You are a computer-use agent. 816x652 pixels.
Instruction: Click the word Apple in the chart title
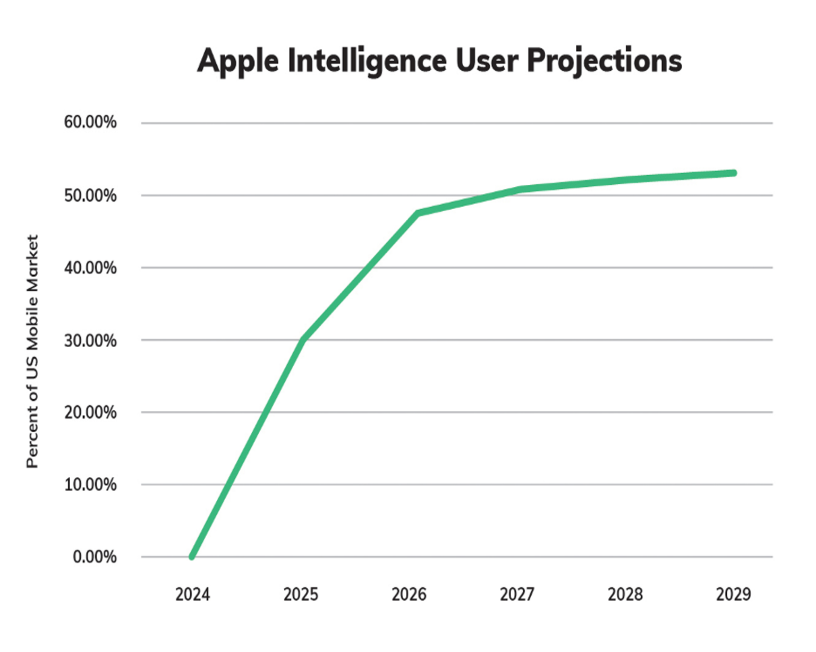pyautogui.click(x=237, y=61)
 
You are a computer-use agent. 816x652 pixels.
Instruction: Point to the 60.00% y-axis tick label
pyautogui.click(x=90, y=122)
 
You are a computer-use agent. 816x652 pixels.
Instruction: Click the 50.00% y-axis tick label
pyautogui.click(x=90, y=195)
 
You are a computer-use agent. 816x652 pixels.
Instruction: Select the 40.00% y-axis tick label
pyautogui.click(x=90, y=268)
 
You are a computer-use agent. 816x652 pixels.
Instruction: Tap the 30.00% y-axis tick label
pyautogui.click(x=90, y=340)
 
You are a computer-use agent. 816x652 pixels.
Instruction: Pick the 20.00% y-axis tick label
pyautogui.click(x=90, y=412)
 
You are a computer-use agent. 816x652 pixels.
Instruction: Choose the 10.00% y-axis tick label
pyautogui.click(x=90, y=484)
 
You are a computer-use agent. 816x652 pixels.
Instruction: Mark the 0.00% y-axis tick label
pyautogui.click(x=95, y=557)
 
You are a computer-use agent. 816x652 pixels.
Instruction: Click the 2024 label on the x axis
pyautogui.click(x=193, y=594)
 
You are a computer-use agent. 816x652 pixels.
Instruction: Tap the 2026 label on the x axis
pyautogui.click(x=409, y=594)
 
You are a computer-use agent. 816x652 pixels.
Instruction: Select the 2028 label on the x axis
pyautogui.click(x=625, y=594)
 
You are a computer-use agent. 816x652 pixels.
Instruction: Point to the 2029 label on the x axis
pyautogui.click(x=733, y=594)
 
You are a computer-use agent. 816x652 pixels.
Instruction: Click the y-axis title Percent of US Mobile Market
pyautogui.click(x=32, y=351)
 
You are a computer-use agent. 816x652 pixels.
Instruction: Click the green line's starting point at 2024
pyautogui.click(x=192, y=556)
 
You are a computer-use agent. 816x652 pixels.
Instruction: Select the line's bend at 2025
pyautogui.click(x=303, y=339)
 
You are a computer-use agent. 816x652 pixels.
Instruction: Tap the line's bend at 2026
pyautogui.click(x=418, y=213)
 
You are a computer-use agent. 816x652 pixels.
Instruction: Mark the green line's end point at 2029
pyautogui.click(x=734, y=173)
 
